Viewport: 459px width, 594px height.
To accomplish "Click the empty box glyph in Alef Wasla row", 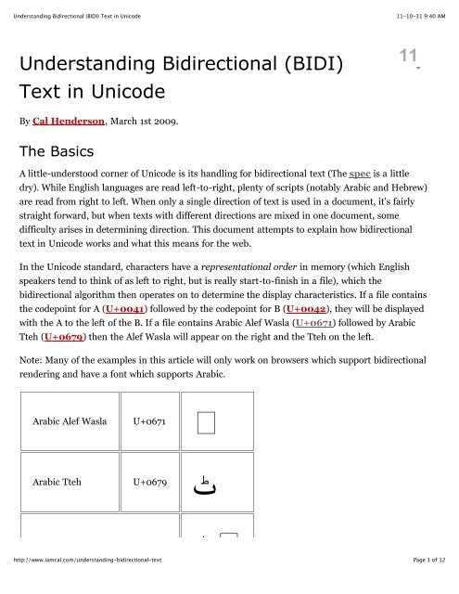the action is pyautogui.click(x=206, y=422).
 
